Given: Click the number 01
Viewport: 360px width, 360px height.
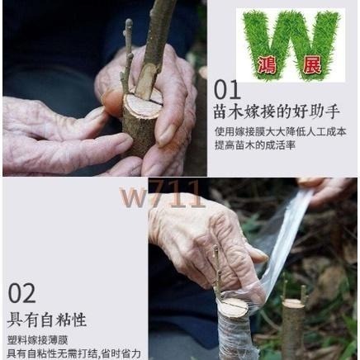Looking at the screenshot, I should [x=227, y=89].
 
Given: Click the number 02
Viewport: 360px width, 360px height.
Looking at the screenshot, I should [x=21, y=294].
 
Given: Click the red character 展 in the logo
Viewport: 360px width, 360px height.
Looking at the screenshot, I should [x=311, y=66].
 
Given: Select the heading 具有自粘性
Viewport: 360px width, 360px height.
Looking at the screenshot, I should [x=47, y=320].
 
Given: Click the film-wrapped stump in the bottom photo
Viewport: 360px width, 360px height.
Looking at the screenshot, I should [x=235, y=330].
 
